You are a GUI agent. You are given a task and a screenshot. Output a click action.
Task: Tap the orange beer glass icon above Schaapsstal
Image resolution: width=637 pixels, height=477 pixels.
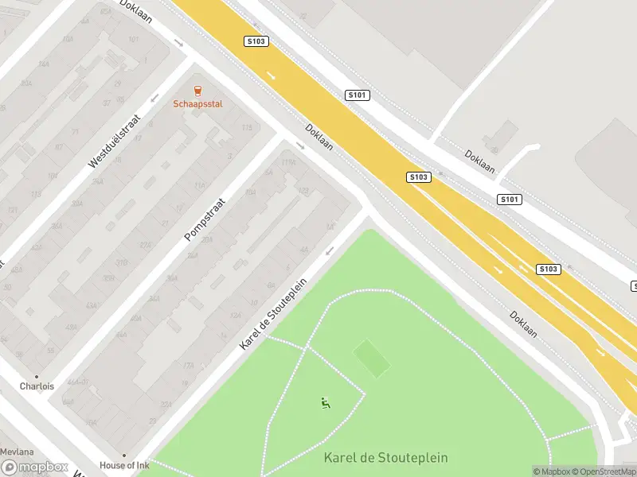coord(197,91)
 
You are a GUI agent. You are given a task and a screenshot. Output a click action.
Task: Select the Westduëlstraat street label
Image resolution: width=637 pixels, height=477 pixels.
coord(114,139)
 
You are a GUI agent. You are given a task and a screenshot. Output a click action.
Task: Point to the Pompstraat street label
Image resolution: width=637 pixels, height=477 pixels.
coord(205,220)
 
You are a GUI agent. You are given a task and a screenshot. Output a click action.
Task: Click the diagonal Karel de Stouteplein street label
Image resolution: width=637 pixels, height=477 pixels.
coord(273,314)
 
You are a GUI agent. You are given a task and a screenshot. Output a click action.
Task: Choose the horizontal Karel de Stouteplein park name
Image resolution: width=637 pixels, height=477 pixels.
coord(385,458)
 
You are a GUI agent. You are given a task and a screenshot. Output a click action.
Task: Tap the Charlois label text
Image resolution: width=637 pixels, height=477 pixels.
coord(37,386)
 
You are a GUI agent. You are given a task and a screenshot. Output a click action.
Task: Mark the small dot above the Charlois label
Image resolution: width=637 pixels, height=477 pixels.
coord(37,376)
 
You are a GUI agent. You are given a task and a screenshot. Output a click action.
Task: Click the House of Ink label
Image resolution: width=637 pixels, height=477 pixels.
coord(124,465)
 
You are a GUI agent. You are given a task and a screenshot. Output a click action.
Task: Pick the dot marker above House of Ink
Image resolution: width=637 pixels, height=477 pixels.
coord(124,456)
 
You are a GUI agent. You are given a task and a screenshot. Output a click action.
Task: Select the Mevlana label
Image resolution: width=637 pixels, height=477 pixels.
coord(17,451)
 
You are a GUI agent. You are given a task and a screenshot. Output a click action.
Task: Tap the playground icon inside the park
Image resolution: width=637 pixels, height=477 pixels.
coord(325,403)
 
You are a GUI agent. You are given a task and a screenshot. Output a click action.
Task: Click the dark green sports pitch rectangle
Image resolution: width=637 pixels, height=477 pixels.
coord(372,359)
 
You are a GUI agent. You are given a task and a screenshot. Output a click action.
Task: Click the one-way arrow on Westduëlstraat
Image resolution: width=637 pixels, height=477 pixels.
coord(154,98)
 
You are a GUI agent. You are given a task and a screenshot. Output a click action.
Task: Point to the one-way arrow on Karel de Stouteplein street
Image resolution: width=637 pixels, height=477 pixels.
coord(329,251)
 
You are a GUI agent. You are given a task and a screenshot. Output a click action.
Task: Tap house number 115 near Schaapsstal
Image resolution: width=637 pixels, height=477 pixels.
coord(246,128)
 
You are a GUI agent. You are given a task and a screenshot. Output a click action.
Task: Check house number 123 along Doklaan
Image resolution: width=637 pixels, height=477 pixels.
coord(303,191)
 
